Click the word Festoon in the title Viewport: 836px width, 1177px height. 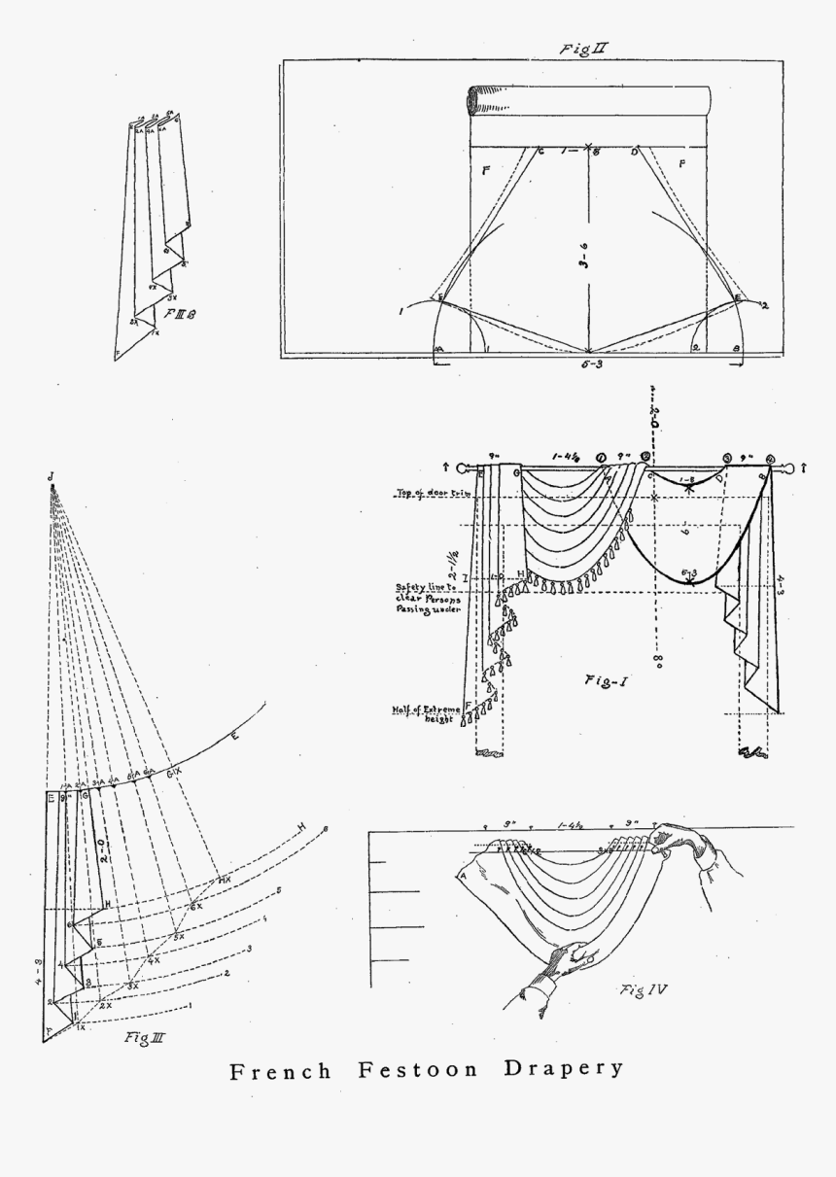coord(418,1070)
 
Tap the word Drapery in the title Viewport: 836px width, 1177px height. coord(563,1068)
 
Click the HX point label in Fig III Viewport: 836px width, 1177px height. coord(224,880)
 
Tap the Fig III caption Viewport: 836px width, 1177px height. coord(143,1038)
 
